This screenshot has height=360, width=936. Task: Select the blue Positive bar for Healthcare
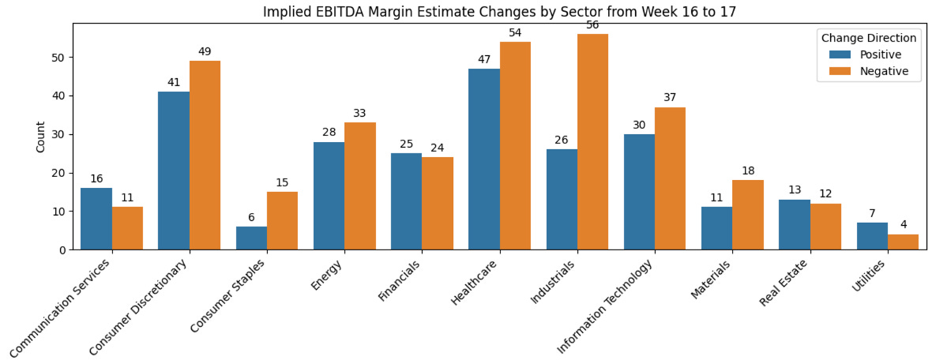coord(484,159)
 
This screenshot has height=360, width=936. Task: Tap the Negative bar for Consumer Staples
coord(282,221)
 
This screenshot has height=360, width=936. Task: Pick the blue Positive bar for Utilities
coord(871,236)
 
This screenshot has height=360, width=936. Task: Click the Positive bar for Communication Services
coord(96,219)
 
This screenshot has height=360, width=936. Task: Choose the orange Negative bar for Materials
coord(747,215)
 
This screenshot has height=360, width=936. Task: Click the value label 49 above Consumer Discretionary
coord(205,52)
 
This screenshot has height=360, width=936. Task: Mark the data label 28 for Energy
coord(329,133)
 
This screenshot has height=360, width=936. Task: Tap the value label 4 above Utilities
coord(903,225)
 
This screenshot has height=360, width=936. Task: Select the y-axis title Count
coord(40,137)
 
